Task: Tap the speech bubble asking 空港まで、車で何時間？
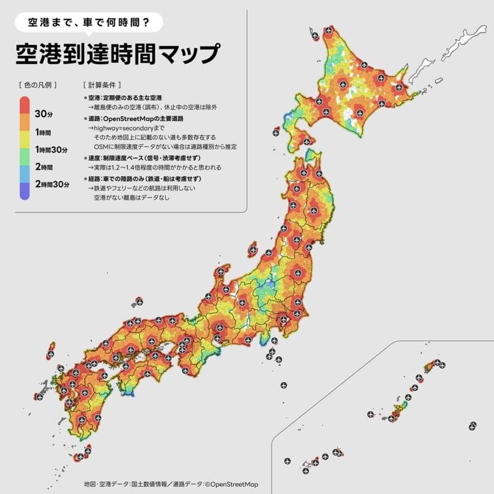pyautogui.click(x=89, y=22)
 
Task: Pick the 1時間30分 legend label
pyautogui.click(x=51, y=150)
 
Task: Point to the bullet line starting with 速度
pyautogui.click(x=142, y=158)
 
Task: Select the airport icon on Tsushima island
pyautogui.click(x=51, y=354)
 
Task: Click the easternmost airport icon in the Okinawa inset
pyautogui.click(x=472, y=425)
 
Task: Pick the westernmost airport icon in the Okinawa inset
pyautogui.click(x=288, y=461)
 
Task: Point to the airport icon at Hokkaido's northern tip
pyautogui.click(x=329, y=30)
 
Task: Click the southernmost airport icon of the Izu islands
pyautogui.click(x=284, y=385)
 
